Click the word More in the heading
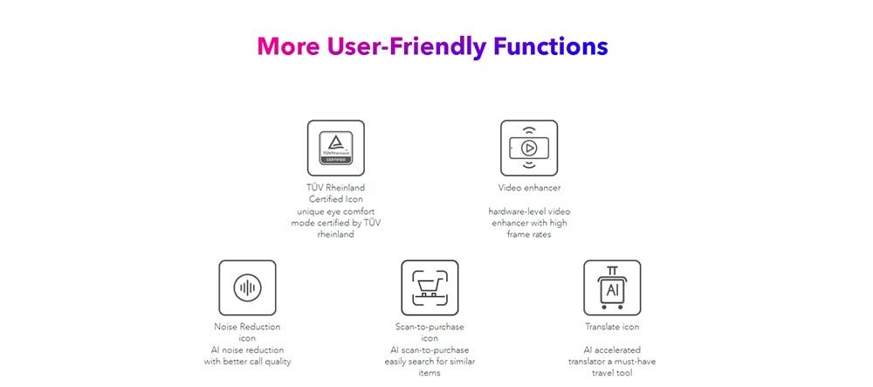288,46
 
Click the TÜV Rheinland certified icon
336,149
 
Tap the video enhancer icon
529,149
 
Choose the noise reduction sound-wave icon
247,288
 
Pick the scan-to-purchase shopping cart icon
430,288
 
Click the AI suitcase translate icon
612,288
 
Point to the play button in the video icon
529,149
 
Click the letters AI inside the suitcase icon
612,290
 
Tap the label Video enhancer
530,188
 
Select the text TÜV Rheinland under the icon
336,188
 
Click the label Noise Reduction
247,327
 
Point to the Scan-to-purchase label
430,327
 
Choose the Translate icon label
612,327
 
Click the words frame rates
529,234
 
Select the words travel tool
612,373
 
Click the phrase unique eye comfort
336,211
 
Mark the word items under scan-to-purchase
430,373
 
